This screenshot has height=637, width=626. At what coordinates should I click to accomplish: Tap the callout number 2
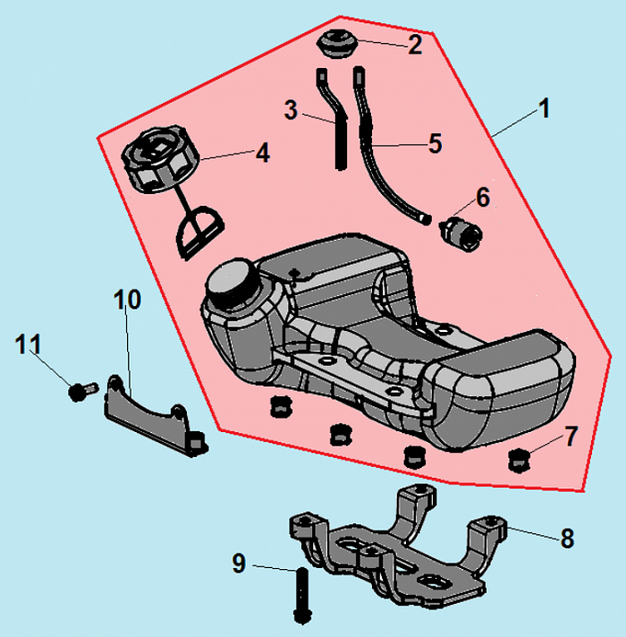(x=414, y=45)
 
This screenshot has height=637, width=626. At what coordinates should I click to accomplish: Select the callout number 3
(x=291, y=111)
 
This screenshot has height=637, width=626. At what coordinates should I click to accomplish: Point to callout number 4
(x=262, y=153)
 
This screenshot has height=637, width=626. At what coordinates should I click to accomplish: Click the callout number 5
(x=435, y=143)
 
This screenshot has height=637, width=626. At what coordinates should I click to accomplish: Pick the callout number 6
(x=482, y=196)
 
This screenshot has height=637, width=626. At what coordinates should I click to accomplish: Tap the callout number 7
(x=571, y=436)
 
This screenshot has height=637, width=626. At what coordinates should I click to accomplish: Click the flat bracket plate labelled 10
(x=152, y=415)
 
